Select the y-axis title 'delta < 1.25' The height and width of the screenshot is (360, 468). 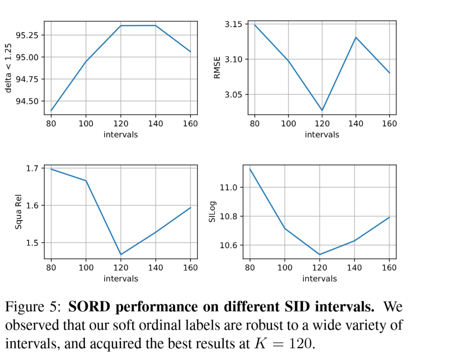(8, 68)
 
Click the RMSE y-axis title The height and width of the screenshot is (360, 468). (217, 68)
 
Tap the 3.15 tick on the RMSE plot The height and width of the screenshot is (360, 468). (233, 24)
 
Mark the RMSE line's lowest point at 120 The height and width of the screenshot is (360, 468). (322, 110)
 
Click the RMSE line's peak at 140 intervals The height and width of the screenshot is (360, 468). (355, 37)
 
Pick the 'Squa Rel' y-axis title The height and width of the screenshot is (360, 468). (18, 212)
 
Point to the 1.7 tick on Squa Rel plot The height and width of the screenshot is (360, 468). (32, 168)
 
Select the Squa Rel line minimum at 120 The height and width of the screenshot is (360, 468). (121, 254)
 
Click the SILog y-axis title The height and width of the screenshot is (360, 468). (212, 212)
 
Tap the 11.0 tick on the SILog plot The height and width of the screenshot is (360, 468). (228, 187)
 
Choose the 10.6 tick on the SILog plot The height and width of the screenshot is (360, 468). (228, 245)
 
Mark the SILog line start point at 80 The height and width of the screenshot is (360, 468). (250, 169)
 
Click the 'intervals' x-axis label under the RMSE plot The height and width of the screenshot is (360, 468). (322, 134)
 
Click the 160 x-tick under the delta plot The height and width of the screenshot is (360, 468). (190, 124)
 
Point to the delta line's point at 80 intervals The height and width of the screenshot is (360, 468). (51, 110)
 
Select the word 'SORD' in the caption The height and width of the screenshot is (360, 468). (89, 306)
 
